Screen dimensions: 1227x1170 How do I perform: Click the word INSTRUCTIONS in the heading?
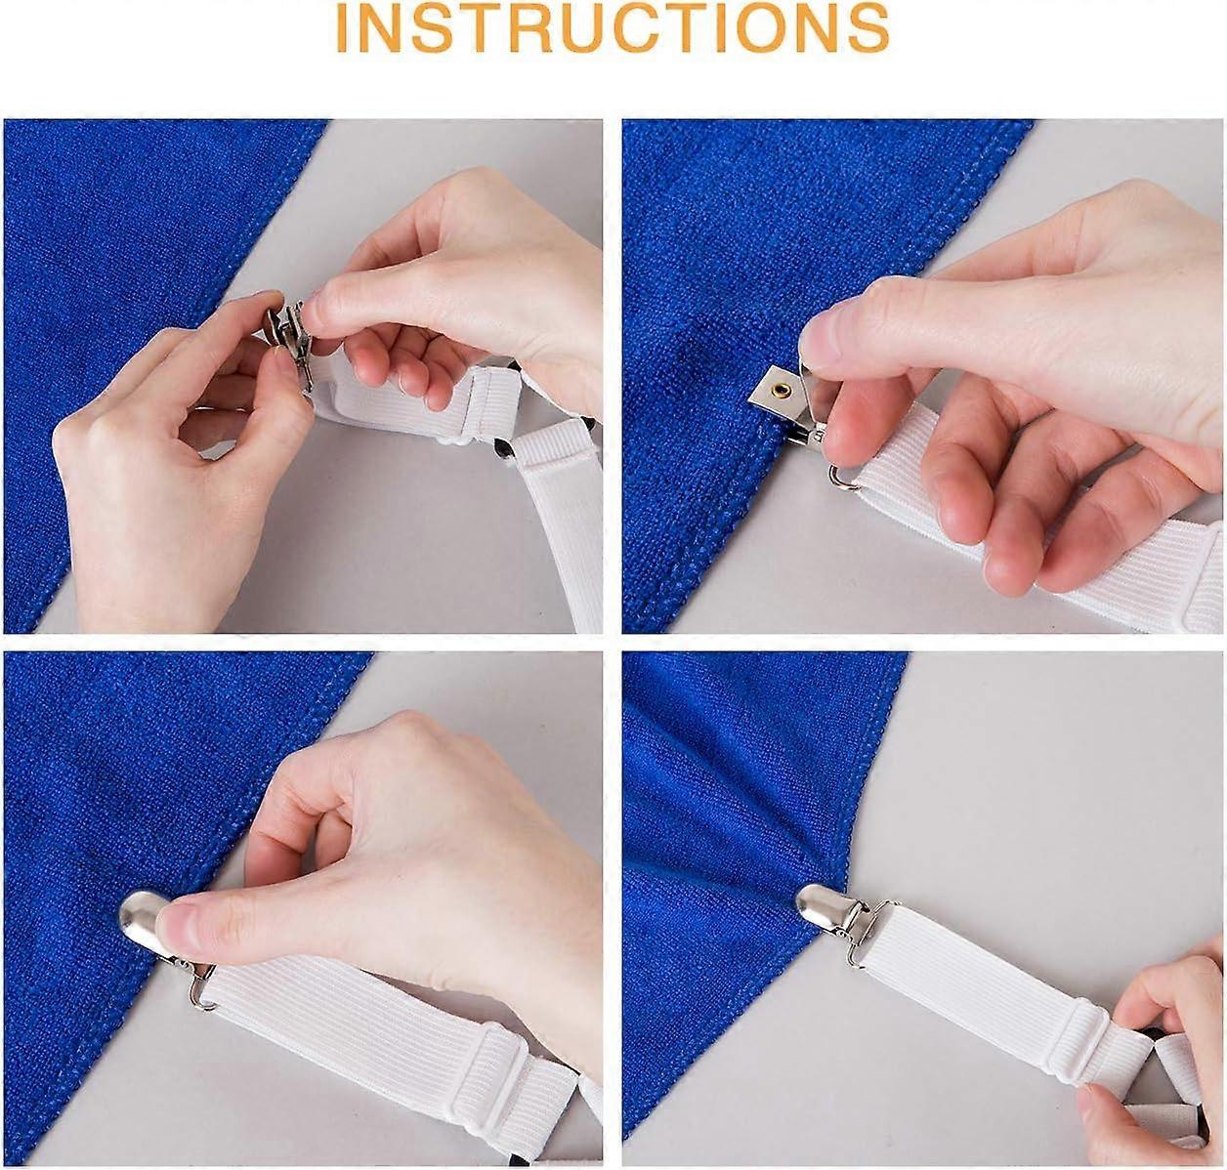613,28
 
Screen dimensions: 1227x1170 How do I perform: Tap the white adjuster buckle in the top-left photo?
493,404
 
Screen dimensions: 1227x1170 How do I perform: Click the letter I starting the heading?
343,28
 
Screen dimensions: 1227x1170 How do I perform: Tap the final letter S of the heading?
868,28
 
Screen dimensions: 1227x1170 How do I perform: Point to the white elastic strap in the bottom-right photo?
974,998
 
